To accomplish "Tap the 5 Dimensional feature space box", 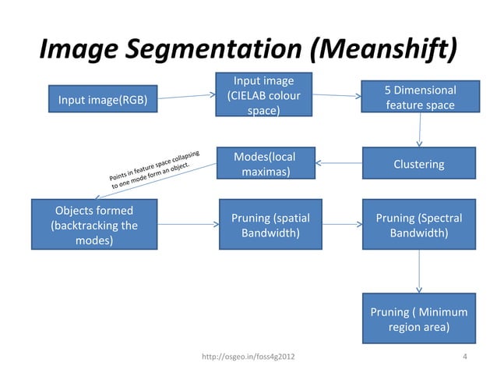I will click(419, 98).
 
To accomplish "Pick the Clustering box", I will click(419, 164).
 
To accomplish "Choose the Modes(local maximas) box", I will click(264, 164).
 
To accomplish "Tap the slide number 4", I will click(464, 357).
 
